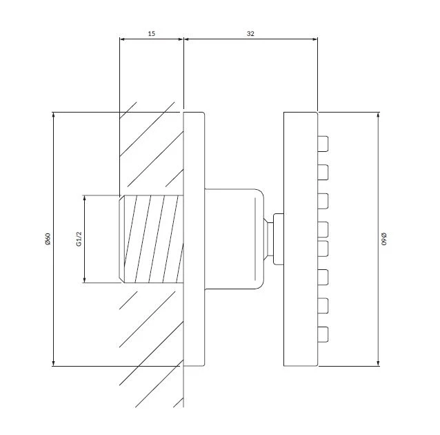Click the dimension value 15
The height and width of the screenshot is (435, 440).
coord(151,34)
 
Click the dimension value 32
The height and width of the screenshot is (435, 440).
coord(250,34)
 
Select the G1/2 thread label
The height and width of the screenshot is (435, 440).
coord(79,239)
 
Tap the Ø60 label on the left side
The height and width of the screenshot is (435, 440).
coord(48,239)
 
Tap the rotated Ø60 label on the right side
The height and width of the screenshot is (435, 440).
coord(384,239)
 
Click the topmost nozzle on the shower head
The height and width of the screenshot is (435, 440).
coord(323,144)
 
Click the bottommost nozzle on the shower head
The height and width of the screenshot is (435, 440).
coord(323,334)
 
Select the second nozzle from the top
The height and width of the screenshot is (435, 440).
coord(323,172)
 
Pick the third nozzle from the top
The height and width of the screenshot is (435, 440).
coord(323,201)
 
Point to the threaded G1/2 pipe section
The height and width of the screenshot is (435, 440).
coord(152,239)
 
